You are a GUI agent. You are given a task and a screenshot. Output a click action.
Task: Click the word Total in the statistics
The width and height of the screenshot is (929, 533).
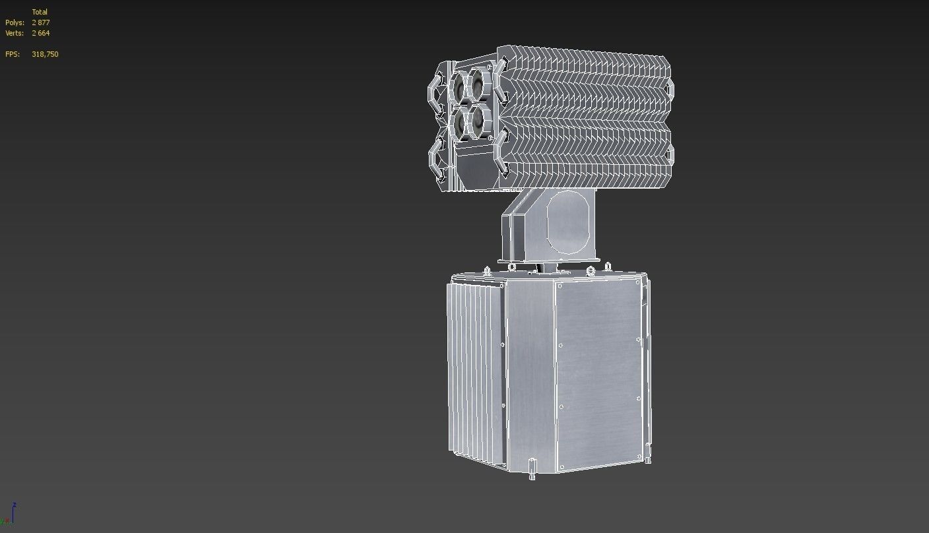click(x=40, y=12)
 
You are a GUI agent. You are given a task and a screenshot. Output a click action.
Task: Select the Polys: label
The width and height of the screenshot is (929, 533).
click(x=15, y=22)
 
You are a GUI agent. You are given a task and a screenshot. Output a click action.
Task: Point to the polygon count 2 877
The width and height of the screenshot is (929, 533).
click(x=41, y=22)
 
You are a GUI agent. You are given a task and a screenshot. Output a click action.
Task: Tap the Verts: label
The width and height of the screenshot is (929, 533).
click(x=15, y=33)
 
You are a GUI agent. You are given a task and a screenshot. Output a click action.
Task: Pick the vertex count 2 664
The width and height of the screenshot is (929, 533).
click(x=41, y=33)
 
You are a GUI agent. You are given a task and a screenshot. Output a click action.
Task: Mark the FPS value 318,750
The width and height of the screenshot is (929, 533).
click(x=45, y=54)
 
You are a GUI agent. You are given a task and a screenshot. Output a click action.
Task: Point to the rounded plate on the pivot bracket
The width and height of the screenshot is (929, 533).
click(x=567, y=222)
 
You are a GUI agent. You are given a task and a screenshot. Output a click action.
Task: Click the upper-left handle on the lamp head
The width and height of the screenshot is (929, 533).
click(x=436, y=93)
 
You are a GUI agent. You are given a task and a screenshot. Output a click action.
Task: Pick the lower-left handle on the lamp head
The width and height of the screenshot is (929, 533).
click(x=436, y=159)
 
